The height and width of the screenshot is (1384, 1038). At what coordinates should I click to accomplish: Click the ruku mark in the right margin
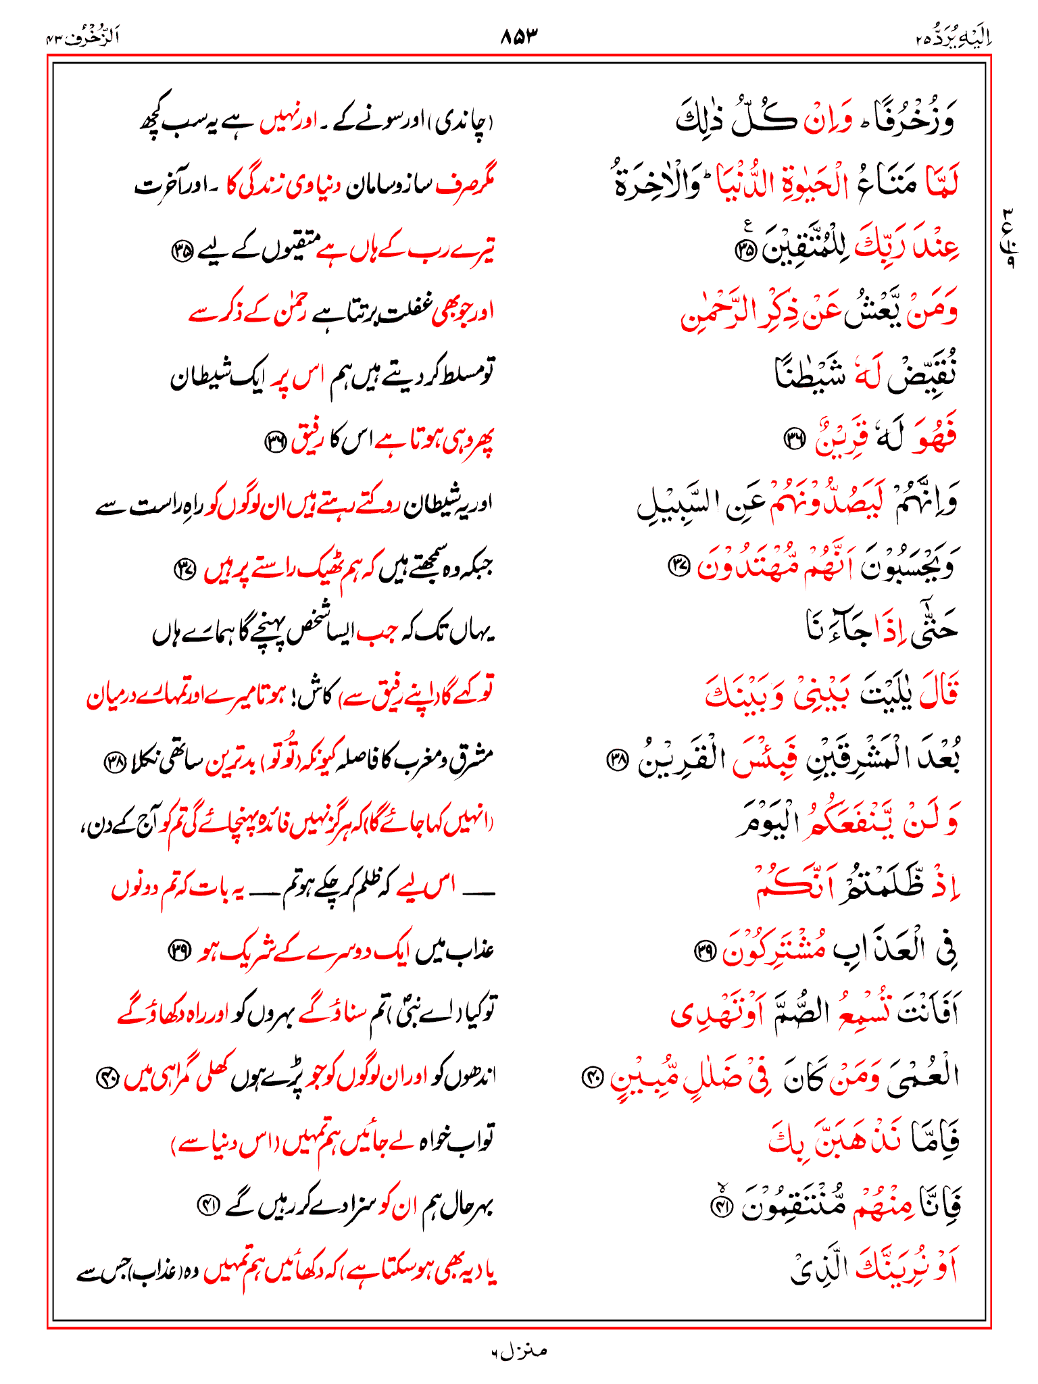click(1008, 237)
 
